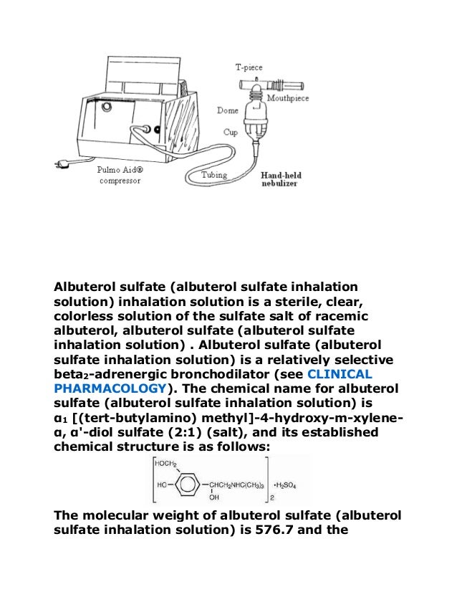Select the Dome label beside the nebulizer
click(227, 110)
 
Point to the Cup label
click(230, 133)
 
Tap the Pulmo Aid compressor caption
click(118, 176)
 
